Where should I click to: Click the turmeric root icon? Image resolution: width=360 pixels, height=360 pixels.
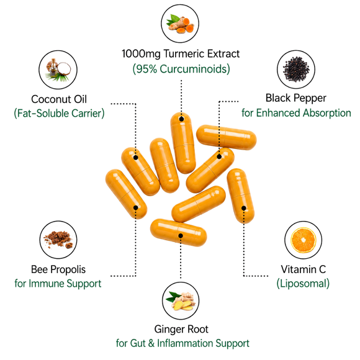click(180, 24)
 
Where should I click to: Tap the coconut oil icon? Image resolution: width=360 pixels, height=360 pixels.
click(58, 70)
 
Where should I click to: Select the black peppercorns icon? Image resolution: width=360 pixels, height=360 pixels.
click(296, 70)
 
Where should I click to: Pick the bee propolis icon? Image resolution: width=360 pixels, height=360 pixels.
click(58, 240)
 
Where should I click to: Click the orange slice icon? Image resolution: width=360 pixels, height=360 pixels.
click(304, 240)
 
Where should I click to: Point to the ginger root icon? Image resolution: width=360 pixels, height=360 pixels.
click(181, 301)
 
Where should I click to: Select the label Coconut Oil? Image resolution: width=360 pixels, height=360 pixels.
click(59, 99)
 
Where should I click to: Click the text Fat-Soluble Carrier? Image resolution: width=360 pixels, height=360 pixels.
click(59, 114)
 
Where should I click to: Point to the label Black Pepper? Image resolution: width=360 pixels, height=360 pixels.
click(295, 98)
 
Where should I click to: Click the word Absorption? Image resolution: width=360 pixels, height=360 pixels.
click(326, 113)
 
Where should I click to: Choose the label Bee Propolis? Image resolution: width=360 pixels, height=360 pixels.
click(58, 269)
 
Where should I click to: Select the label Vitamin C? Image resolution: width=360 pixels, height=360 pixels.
click(304, 269)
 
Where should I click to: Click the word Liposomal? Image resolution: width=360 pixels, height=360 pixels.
click(303, 284)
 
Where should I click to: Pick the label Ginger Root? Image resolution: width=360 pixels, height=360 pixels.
click(181, 329)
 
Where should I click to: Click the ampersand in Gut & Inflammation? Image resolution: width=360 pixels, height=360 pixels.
click(151, 343)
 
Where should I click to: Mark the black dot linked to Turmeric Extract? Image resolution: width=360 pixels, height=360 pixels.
click(181, 119)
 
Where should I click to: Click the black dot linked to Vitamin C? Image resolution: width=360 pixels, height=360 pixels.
click(243, 208)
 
